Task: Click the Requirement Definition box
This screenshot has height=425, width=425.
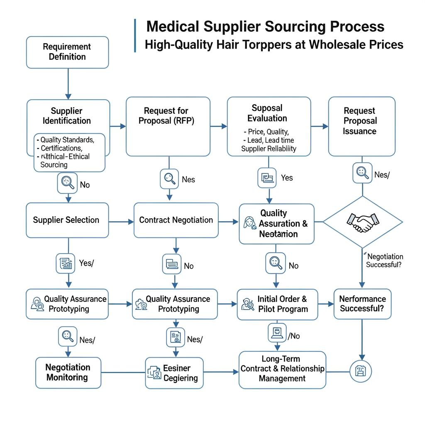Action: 67,52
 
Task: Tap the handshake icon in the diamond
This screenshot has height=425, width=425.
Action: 362,222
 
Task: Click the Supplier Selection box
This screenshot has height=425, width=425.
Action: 67,220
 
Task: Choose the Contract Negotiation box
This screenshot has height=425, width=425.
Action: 176,220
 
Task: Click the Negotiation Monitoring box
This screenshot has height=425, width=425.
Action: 68,372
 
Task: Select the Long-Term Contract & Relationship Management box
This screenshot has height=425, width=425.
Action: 282,369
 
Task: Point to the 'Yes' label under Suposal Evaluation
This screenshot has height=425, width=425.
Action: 287,178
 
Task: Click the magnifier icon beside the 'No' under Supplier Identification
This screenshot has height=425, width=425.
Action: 67,182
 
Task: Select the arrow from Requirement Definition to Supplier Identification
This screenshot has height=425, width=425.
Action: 68,84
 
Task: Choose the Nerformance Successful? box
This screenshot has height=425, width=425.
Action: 362,304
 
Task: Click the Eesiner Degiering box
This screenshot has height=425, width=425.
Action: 174,373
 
